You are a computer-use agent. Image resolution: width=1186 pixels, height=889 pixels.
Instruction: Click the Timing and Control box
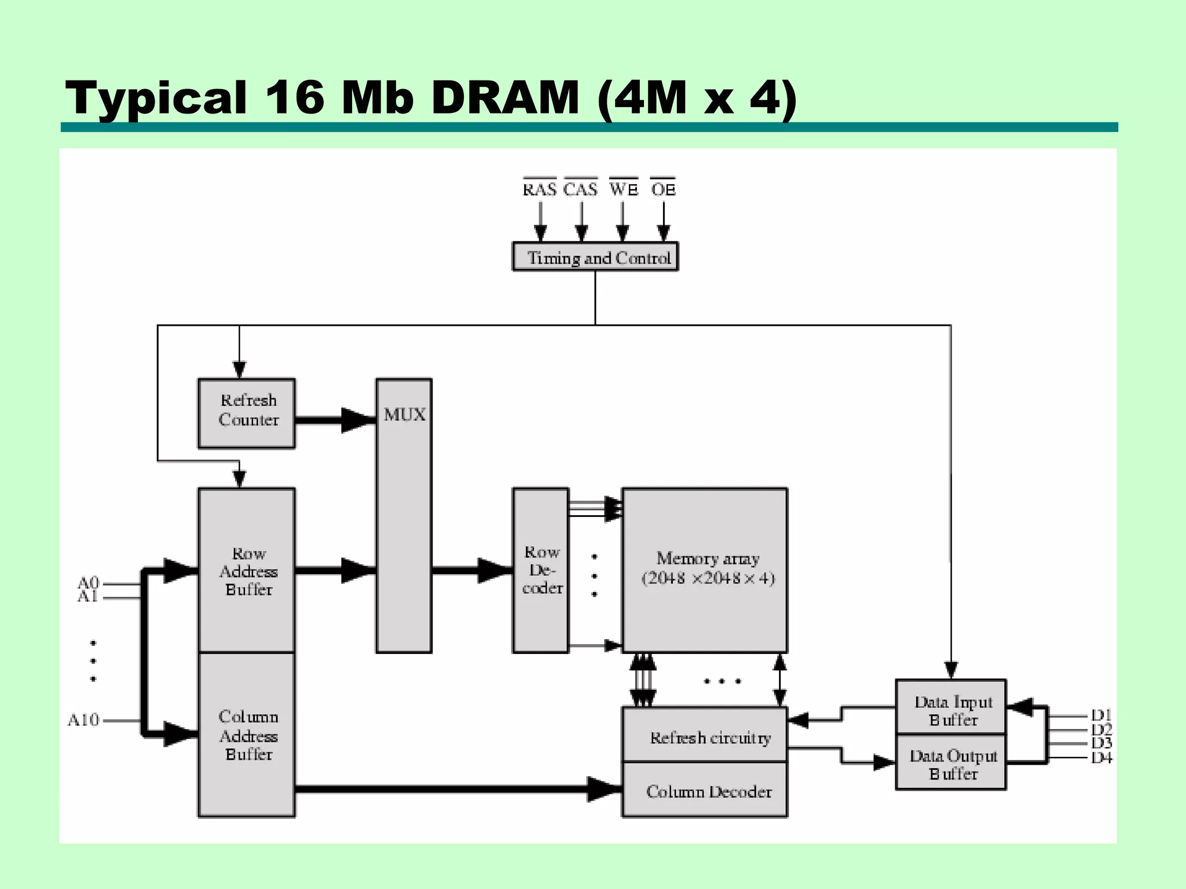pos(595,257)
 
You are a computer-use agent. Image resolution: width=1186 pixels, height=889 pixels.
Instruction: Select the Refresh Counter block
pos(247,413)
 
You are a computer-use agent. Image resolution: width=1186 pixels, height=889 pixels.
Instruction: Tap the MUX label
pos(404,414)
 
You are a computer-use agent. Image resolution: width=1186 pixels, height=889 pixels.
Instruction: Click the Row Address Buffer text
pos(248,571)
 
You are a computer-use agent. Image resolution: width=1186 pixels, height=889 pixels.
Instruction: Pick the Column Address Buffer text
pos(248,736)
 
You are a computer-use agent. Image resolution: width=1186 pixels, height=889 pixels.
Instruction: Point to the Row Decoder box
pos(540,571)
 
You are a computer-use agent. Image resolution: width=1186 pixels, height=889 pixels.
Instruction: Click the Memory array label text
pos(708,568)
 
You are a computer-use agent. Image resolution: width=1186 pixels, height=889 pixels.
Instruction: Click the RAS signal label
pos(539,189)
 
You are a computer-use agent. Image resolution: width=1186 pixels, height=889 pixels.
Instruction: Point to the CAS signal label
pos(580,189)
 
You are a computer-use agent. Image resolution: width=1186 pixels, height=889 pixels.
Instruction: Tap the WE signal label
pos(623,189)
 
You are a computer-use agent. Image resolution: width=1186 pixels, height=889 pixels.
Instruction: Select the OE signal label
pos(663,189)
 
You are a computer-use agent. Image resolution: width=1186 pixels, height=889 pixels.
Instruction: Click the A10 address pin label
pos(83,720)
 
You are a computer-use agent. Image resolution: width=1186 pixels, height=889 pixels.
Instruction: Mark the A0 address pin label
pos(88,582)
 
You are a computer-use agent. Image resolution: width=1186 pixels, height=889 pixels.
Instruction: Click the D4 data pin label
pos(1101,758)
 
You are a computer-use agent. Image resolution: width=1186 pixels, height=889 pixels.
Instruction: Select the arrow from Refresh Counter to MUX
pos(335,420)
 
